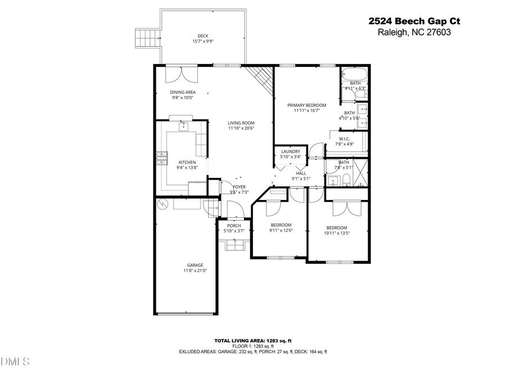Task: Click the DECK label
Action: tap(203, 36)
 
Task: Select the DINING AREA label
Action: tap(183, 92)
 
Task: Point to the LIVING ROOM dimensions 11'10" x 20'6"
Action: tap(241, 128)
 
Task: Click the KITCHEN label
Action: tap(187, 162)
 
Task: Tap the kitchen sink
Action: tap(183, 126)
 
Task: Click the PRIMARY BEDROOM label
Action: tap(306, 105)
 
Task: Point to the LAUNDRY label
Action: tap(290, 152)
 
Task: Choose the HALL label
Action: tap(301, 173)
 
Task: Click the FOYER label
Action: tap(240, 187)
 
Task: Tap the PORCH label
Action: tap(234, 226)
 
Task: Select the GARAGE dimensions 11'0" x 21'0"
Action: tap(195, 271)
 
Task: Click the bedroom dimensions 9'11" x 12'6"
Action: tap(281, 230)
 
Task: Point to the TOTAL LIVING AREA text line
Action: tap(252, 341)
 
